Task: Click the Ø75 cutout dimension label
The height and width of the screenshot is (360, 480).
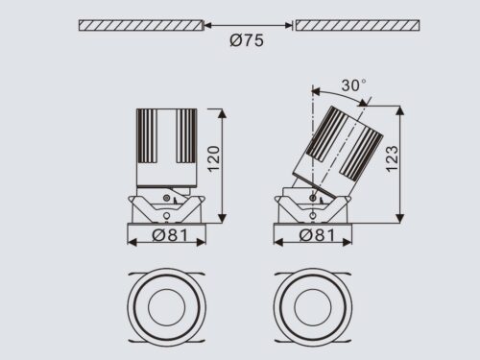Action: point(247,40)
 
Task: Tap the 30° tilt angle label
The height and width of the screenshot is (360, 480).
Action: point(353,85)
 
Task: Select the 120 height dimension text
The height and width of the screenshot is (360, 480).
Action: point(214,159)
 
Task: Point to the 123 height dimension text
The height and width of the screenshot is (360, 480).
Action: point(392,159)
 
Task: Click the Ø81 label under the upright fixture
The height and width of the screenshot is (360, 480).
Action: point(170,235)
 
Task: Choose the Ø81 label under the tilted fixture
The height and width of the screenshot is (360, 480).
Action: point(317,235)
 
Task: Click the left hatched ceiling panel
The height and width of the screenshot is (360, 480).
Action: point(141,25)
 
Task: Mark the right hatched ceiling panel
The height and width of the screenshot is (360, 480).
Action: point(357,25)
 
